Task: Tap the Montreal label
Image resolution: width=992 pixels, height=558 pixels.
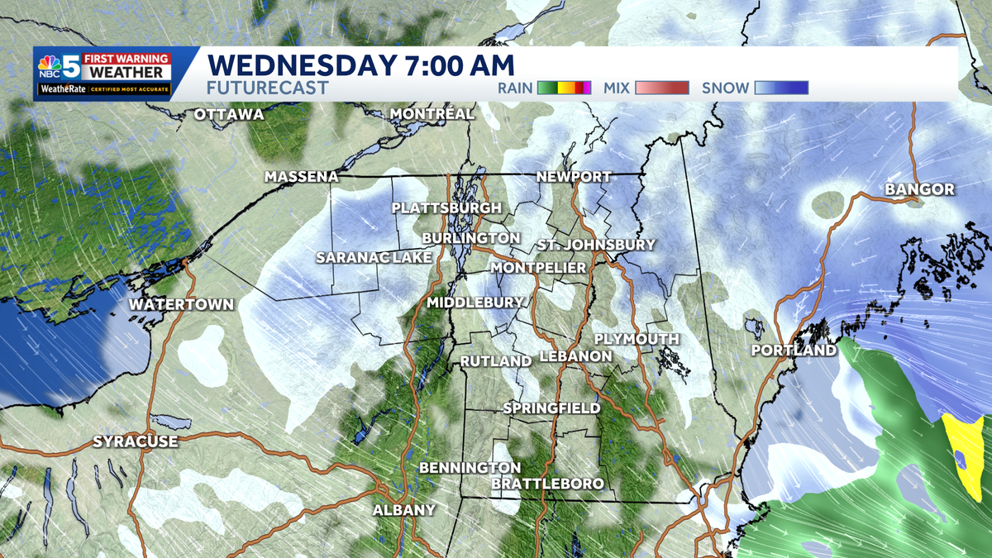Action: pyautogui.click(x=432, y=113)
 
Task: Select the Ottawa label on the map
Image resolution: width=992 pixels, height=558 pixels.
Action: pyautogui.click(x=228, y=114)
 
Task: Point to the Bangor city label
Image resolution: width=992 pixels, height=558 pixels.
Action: pyautogui.click(x=919, y=189)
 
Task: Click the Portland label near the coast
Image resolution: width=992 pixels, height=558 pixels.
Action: pyautogui.click(x=794, y=351)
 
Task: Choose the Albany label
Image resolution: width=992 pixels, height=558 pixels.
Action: pyautogui.click(x=403, y=510)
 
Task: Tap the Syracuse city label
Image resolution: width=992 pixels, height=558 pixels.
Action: pyautogui.click(x=135, y=441)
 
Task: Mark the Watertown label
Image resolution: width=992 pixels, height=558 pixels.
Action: pyautogui.click(x=181, y=304)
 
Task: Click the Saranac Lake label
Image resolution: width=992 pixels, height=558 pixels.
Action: pyautogui.click(x=374, y=258)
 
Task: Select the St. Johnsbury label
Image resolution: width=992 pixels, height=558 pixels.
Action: pyautogui.click(x=595, y=245)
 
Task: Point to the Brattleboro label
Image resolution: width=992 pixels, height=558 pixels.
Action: pyautogui.click(x=547, y=483)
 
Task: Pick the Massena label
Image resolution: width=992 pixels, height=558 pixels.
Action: pyautogui.click(x=302, y=177)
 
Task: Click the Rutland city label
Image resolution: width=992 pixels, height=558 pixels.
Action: pyautogui.click(x=495, y=362)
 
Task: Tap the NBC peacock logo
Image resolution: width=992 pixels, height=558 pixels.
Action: pyautogui.click(x=50, y=66)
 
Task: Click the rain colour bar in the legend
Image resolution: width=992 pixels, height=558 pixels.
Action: pyautogui.click(x=565, y=88)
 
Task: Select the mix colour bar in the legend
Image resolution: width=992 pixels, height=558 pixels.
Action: pyautogui.click(x=661, y=88)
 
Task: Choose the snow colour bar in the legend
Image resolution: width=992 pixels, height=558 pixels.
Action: pyautogui.click(x=781, y=88)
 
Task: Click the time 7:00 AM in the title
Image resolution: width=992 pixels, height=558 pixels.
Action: pyautogui.click(x=446, y=64)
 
